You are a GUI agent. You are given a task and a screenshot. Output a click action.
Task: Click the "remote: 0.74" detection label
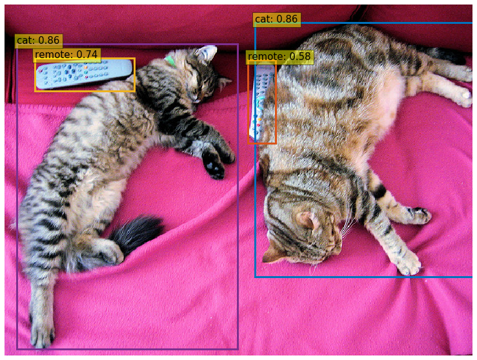66,55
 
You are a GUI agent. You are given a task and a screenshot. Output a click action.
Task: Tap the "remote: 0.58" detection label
279,57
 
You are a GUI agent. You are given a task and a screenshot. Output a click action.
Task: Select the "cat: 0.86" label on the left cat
39,41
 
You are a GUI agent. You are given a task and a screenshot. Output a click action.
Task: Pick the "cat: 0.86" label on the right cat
276,19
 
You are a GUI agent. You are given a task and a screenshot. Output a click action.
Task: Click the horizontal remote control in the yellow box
85,74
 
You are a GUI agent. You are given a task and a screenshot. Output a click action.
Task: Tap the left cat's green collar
170,61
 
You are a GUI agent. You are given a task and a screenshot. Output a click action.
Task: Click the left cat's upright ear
207,53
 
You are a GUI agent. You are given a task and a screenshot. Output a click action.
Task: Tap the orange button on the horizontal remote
86,67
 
